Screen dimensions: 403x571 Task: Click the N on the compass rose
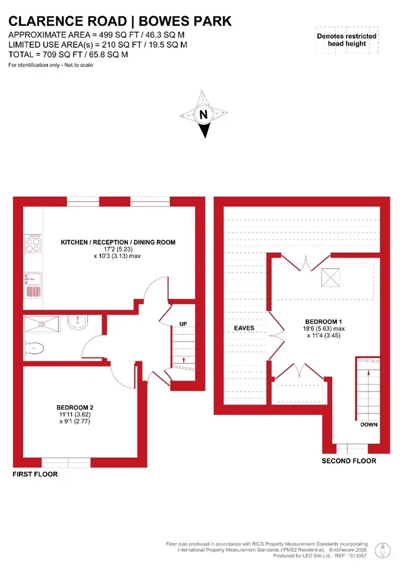click(203, 114)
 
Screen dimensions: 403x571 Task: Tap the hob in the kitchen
click(33, 244)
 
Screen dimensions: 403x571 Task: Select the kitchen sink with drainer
click(33, 285)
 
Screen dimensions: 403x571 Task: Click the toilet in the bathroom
click(33, 349)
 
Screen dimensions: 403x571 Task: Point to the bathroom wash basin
click(77, 322)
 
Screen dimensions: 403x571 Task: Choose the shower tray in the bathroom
click(42, 324)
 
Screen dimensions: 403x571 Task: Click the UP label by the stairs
click(183, 324)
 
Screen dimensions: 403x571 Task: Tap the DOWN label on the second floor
click(369, 425)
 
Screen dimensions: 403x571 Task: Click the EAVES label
click(244, 328)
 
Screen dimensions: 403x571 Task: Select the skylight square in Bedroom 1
click(330, 278)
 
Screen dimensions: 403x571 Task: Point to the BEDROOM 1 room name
click(323, 322)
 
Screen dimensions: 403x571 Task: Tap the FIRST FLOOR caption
click(35, 474)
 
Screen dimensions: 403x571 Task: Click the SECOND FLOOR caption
click(349, 460)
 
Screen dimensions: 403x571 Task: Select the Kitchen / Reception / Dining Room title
click(118, 242)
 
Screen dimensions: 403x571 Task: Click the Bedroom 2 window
click(66, 463)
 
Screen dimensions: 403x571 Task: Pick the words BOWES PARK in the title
click(185, 21)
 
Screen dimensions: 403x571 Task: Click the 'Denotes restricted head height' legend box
click(347, 40)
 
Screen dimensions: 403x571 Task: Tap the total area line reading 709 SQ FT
click(68, 55)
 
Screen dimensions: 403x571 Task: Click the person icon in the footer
click(382, 551)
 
